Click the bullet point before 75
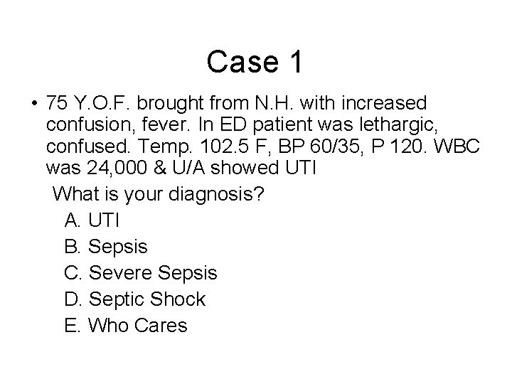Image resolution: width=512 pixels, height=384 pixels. pos(33,105)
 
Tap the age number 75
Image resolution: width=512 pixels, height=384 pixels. pos(56,103)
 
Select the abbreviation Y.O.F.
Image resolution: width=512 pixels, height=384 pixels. pos(98,103)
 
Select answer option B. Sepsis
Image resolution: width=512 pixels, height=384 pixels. pos(106,247)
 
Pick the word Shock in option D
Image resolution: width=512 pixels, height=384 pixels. pos(178,299)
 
